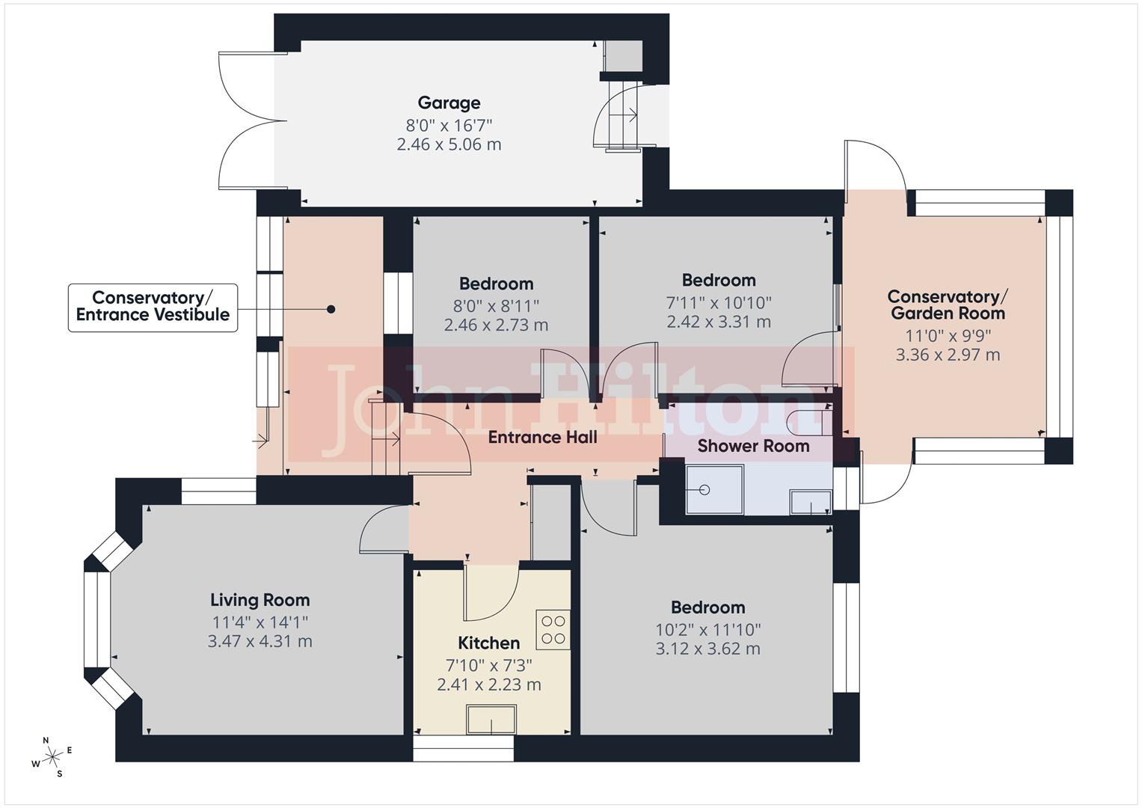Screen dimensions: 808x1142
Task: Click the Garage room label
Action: (x=449, y=103)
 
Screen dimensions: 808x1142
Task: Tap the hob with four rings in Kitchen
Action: (x=553, y=629)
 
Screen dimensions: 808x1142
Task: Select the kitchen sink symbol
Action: (x=491, y=720)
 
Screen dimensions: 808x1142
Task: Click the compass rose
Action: (x=52, y=757)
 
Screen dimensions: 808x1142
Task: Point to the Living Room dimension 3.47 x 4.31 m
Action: (x=260, y=641)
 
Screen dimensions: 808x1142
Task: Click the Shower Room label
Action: (x=753, y=447)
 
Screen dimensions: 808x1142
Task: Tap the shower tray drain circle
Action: (x=704, y=490)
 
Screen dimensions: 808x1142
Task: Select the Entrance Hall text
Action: (x=542, y=438)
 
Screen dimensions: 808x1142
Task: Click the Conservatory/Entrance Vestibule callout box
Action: (x=153, y=307)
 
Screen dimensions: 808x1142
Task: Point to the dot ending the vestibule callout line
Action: (x=331, y=309)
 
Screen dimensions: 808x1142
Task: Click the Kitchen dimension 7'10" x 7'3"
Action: (x=489, y=664)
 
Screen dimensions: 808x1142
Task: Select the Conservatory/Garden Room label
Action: (x=948, y=305)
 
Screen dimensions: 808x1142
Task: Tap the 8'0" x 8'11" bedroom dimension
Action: (x=496, y=305)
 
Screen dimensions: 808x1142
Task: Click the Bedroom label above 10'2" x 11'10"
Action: (x=707, y=607)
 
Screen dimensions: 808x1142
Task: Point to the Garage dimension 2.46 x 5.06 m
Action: (x=449, y=144)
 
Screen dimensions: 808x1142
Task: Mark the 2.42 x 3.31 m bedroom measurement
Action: (x=719, y=322)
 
